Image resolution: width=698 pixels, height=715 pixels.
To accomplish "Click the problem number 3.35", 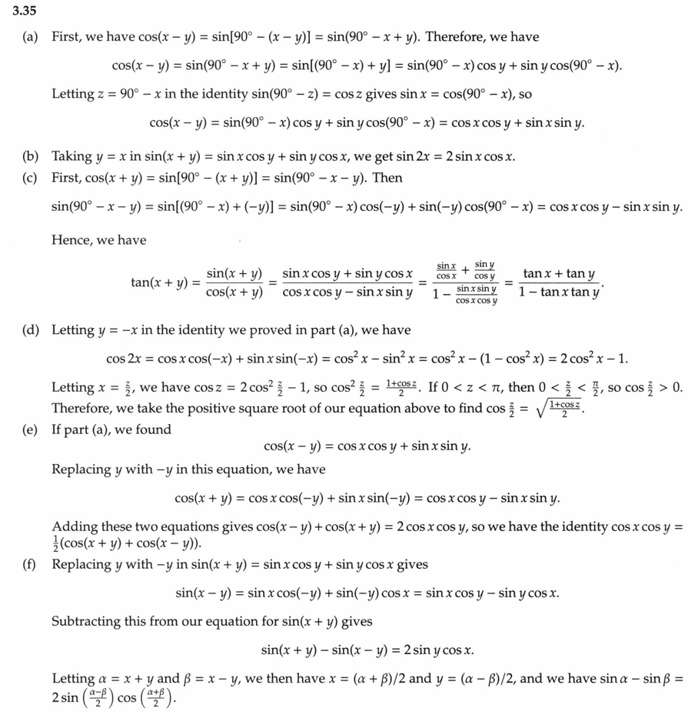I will click(23, 12).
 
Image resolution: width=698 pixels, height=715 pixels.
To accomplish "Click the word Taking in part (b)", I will click(72, 156).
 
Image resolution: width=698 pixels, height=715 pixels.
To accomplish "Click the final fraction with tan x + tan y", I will click(559, 283).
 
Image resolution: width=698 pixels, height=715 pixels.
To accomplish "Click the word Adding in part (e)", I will click(75, 527).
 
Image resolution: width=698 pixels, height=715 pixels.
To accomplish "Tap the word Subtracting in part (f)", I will click(86, 621).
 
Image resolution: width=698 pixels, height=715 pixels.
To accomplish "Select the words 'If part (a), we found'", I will click(111, 429).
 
